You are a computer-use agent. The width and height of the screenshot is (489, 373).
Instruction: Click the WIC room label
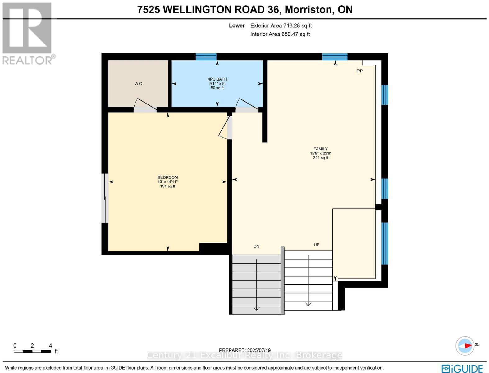tap(138, 84)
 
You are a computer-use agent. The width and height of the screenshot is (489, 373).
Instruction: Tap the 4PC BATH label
tap(217, 79)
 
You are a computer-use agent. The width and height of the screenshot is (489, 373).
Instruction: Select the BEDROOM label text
tap(167, 177)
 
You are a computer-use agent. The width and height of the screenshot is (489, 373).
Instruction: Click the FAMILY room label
tap(320, 149)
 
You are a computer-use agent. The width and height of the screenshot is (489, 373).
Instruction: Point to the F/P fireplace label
tap(359, 71)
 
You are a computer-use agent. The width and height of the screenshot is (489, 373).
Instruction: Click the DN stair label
tap(256, 246)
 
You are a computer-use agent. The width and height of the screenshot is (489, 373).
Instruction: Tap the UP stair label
tap(316, 245)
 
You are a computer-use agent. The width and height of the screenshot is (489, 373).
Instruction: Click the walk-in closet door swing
tap(144, 105)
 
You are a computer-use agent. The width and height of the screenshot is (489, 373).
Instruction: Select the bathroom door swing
tap(247, 105)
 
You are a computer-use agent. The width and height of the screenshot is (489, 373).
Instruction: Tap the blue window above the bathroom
tap(206, 57)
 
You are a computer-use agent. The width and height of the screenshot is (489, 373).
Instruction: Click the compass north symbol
tap(465, 345)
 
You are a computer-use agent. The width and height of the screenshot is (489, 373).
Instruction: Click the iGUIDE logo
tap(462, 368)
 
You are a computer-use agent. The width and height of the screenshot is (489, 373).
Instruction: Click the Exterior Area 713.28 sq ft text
tap(281, 26)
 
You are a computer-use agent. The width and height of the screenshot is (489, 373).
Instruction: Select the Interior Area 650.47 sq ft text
tap(280, 34)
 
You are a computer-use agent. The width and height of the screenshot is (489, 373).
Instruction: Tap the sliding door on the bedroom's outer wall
tap(106, 198)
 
